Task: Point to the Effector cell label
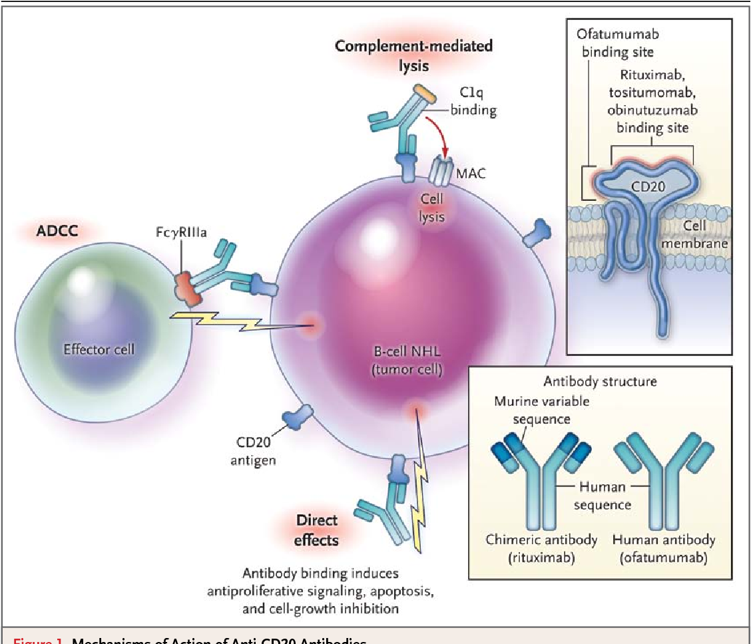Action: coord(99,348)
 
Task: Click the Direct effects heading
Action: coord(318,530)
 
